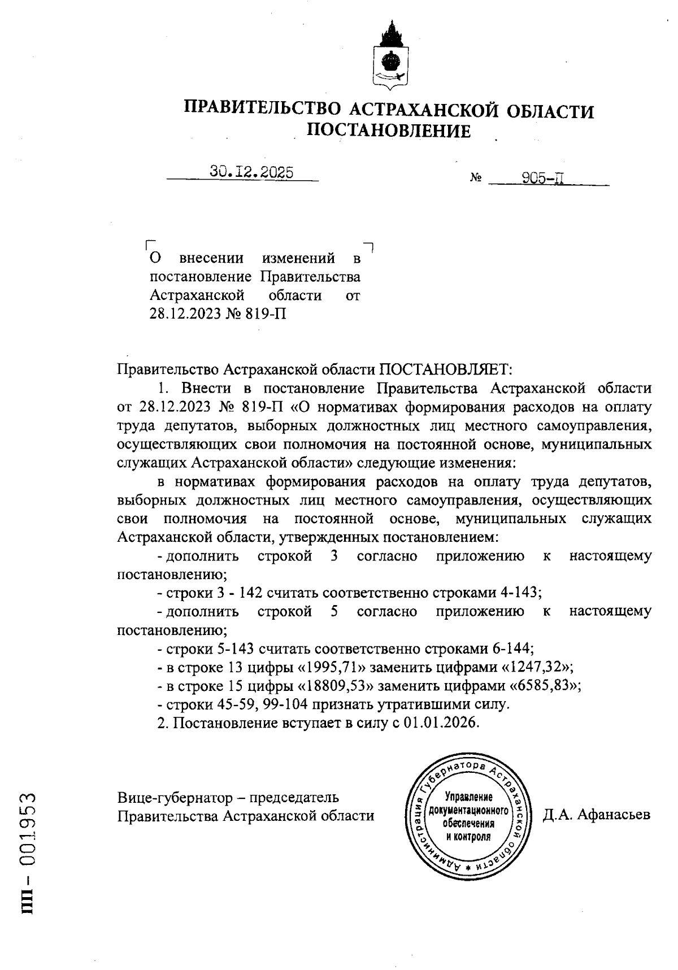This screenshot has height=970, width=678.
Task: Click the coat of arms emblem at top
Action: point(389,56)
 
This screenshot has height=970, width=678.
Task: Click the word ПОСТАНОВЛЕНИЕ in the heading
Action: point(389,131)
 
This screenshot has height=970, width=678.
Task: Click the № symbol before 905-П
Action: point(475,179)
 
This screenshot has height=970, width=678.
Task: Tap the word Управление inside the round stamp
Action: point(468,798)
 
